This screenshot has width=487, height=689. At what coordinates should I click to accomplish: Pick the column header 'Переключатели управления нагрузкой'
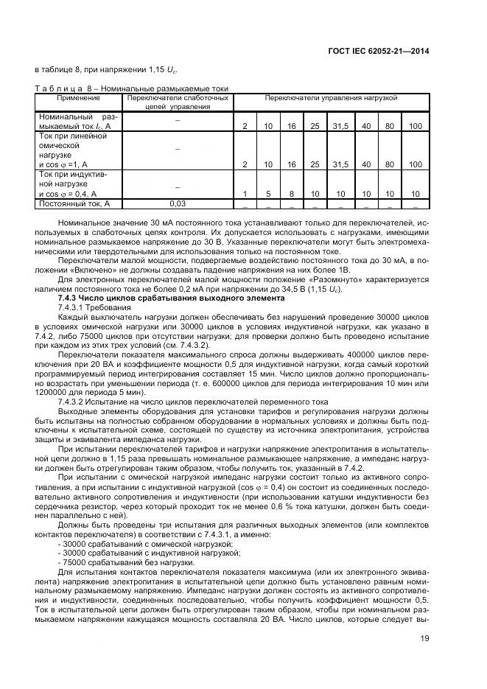click(x=331, y=97)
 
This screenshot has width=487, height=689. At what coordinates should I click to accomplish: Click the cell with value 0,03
click(x=178, y=203)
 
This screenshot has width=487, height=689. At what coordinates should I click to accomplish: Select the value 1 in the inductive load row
click(x=245, y=194)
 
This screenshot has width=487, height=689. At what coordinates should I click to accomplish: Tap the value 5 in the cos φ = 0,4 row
click(x=268, y=194)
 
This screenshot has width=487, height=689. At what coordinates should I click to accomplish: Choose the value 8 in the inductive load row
click(x=292, y=194)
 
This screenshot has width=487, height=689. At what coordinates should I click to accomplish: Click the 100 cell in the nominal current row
click(x=415, y=127)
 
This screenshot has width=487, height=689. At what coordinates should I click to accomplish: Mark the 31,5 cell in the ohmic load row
click(x=340, y=164)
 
